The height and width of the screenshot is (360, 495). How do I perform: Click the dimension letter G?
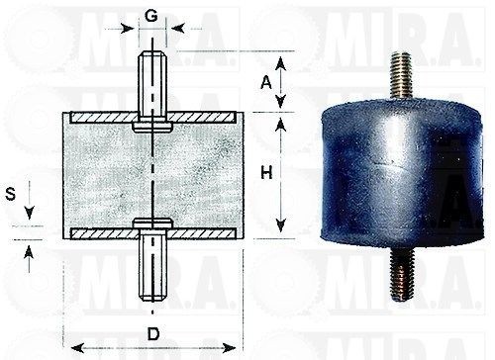click(x=151, y=16)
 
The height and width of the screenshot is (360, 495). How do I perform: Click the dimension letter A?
click(x=266, y=82)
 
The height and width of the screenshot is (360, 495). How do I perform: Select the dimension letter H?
click(x=266, y=172)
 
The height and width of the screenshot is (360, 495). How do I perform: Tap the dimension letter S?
click(x=11, y=194)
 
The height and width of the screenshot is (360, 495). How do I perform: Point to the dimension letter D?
click(x=153, y=334)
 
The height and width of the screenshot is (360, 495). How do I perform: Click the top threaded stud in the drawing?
click(x=152, y=86)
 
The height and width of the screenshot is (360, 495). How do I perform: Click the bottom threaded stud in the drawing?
click(x=152, y=265)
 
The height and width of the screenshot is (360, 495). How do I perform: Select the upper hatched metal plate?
click(x=153, y=118)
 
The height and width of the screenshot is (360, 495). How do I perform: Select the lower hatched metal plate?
click(x=153, y=233)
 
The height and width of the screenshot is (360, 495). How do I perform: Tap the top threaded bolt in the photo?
click(x=401, y=76)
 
